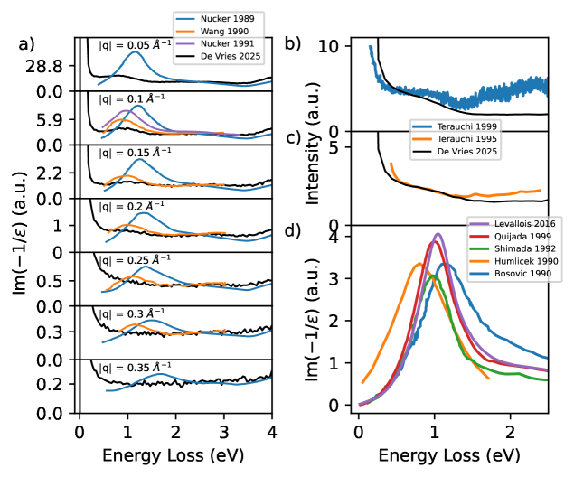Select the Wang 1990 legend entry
pos(226,30)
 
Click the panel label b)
pos(292,42)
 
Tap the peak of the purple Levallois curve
pos(438,234)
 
